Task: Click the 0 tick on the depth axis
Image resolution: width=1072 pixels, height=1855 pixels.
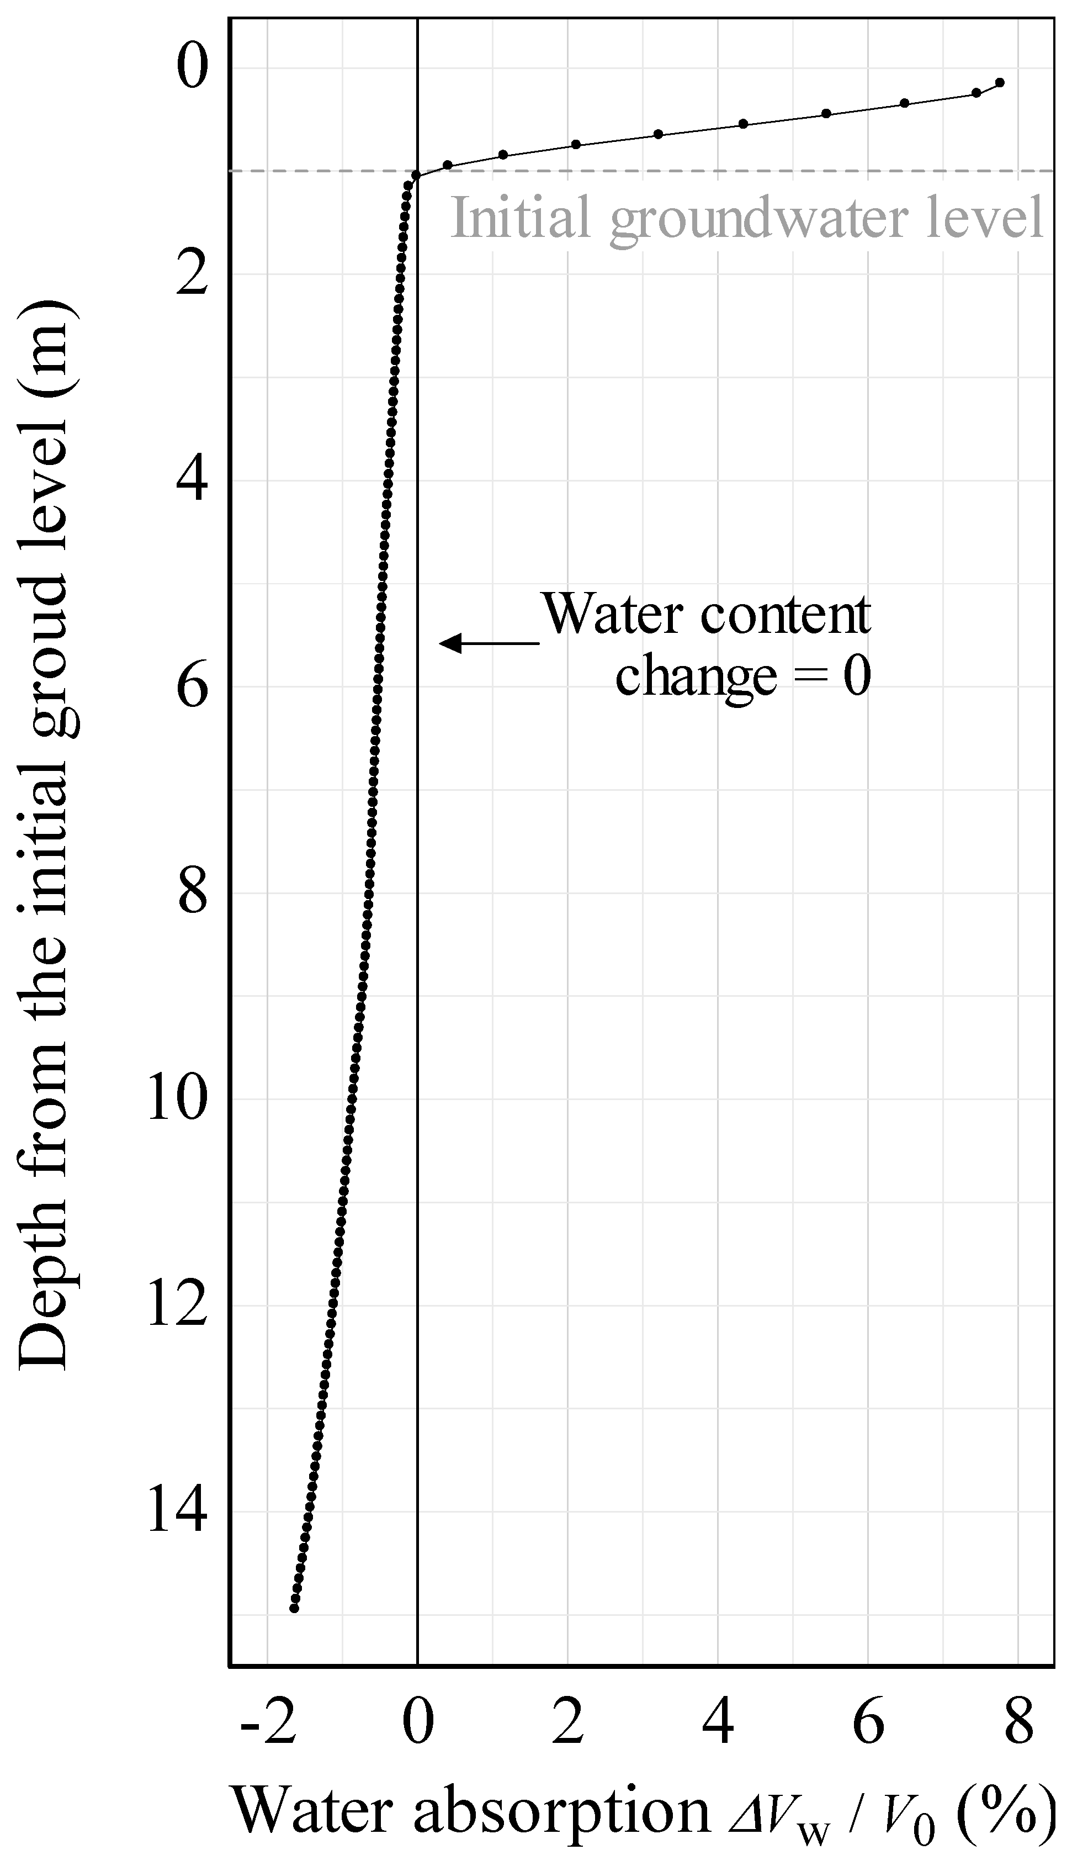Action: tap(193, 68)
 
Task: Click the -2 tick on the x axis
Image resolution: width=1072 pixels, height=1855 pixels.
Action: tap(268, 1702)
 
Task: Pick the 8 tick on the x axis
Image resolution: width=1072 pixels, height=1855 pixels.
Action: tap(1018, 1702)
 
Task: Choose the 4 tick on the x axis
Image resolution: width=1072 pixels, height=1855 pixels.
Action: tap(718, 1702)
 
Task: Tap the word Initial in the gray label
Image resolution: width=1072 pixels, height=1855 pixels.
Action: tap(521, 218)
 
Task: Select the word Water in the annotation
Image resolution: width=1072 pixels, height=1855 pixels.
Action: tap(612, 614)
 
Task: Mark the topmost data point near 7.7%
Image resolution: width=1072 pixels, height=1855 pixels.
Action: tap(999, 82)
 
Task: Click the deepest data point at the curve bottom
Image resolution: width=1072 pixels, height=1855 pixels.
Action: tap(294, 1608)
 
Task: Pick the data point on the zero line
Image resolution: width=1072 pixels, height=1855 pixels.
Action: tap(416, 175)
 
